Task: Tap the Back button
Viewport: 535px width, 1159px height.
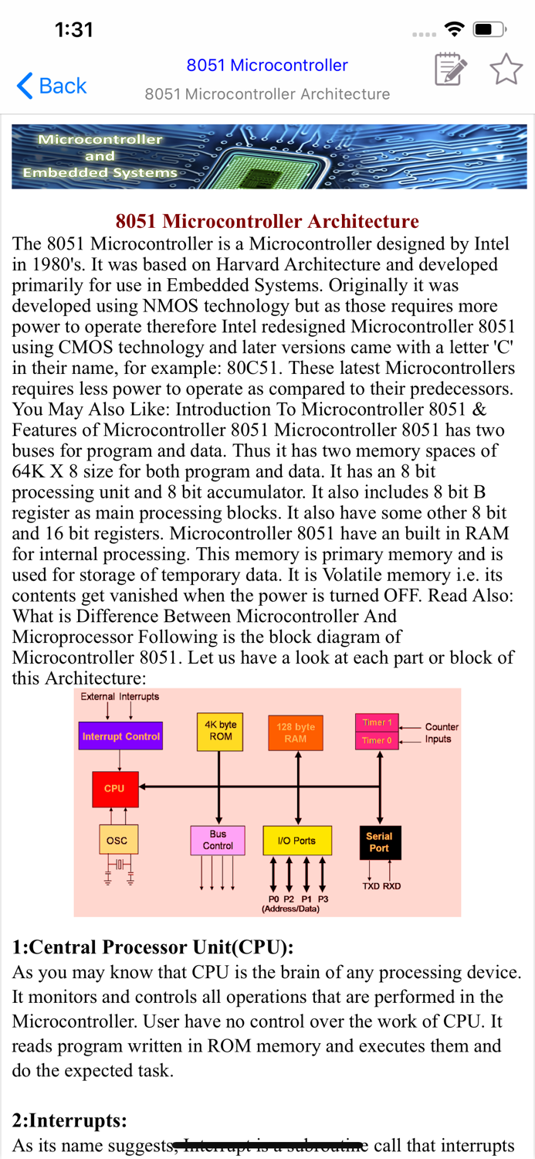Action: point(52,85)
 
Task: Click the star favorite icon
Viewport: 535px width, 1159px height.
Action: point(506,70)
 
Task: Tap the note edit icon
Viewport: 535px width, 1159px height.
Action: point(450,70)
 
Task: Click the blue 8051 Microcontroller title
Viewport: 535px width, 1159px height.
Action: point(267,66)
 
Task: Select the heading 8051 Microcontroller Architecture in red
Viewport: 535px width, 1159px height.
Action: point(267,222)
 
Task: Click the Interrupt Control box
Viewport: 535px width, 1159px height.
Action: point(120,736)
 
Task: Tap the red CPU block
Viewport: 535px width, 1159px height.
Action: point(115,789)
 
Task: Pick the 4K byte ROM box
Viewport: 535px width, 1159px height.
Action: point(220,731)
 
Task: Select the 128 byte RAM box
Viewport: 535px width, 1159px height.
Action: point(296,732)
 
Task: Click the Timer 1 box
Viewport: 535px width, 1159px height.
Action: point(377,722)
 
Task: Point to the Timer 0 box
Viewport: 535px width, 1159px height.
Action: point(377,740)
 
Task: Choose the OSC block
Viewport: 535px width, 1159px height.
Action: point(117,840)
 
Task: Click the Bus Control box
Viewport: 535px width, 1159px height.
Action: point(218,840)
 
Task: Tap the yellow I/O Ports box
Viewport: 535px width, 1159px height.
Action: point(296,841)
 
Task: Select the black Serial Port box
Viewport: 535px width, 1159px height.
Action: point(379,842)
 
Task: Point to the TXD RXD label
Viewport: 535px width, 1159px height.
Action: point(381,886)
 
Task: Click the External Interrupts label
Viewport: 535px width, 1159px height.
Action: point(120,696)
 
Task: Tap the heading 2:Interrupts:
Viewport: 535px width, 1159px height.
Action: point(69,1120)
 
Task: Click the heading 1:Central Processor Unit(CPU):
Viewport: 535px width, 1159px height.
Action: point(153,947)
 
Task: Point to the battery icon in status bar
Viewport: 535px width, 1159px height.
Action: point(488,29)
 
